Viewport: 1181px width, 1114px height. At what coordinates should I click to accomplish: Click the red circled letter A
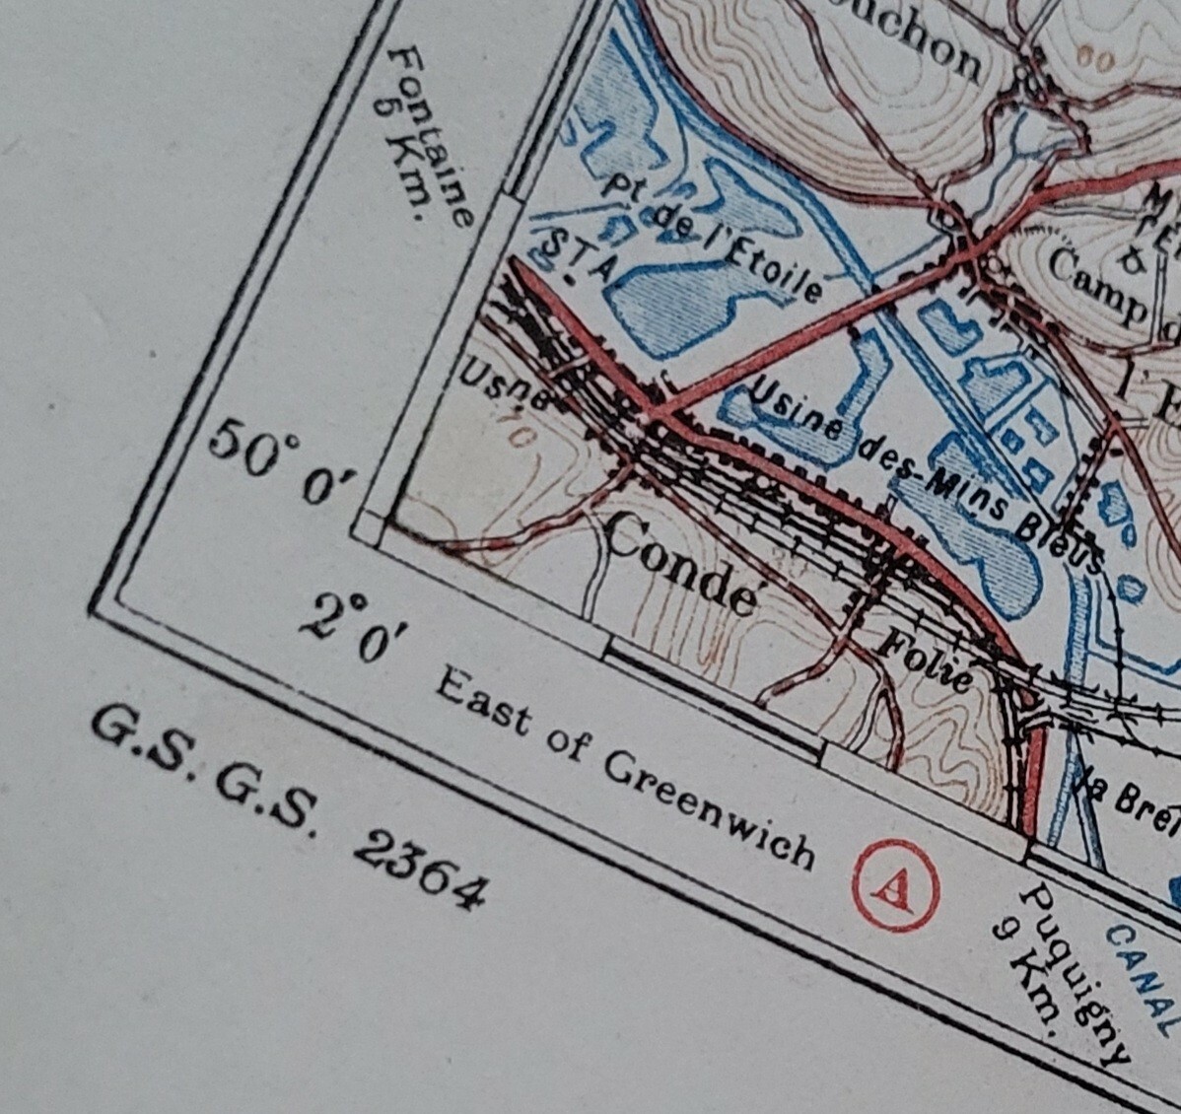coord(895,884)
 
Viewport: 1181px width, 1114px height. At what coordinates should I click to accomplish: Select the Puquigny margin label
coord(1075,971)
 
